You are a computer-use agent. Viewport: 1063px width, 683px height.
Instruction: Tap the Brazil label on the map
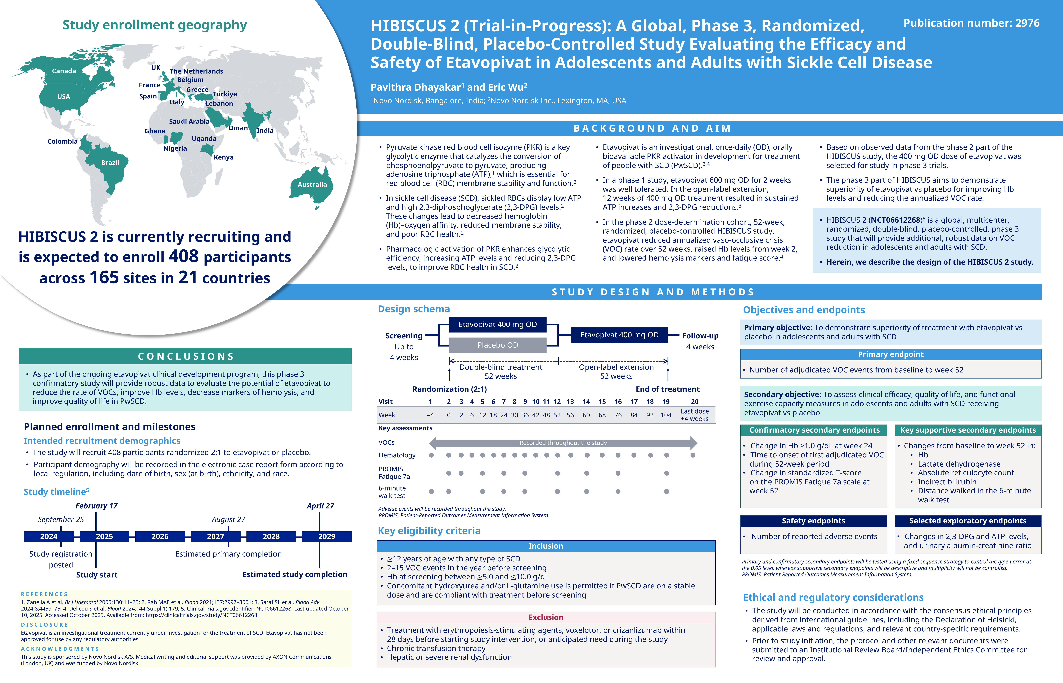tap(110, 163)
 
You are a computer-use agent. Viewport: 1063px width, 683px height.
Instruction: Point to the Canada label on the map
tap(64, 71)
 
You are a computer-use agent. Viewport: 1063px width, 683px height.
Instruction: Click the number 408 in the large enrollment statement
tap(183, 257)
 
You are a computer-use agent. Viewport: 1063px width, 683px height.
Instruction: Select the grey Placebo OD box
tap(497, 345)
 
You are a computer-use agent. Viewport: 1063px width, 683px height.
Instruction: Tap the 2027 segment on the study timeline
tap(216, 536)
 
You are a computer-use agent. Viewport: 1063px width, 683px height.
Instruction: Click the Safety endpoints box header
tap(813, 521)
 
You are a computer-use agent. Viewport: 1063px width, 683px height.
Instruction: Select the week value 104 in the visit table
tap(666, 415)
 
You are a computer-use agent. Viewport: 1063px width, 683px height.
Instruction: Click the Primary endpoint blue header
tap(890, 354)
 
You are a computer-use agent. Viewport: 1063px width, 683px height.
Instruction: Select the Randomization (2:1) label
tap(449, 389)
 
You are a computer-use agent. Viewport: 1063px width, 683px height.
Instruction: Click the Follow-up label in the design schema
tap(700, 336)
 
